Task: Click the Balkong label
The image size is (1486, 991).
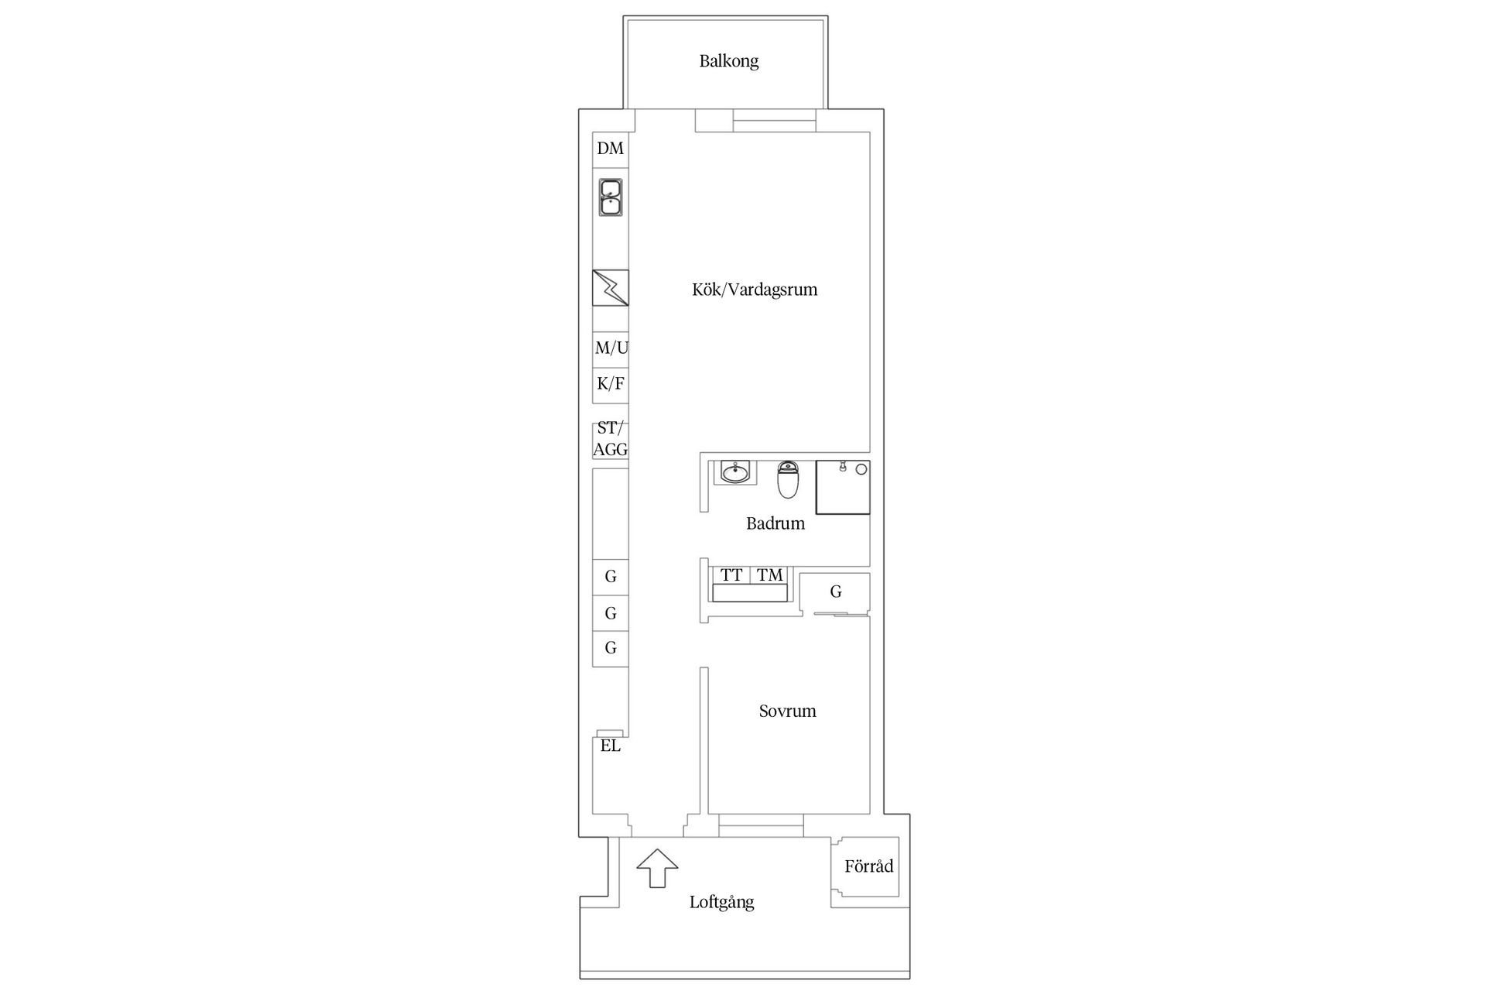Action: (728, 61)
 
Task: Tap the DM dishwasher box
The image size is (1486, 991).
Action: (611, 149)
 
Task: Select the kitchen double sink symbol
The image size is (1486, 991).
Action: (611, 197)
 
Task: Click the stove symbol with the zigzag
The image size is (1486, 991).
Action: (611, 288)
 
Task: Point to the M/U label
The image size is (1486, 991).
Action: (611, 348)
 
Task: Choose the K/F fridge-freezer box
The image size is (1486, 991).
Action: (611, 385)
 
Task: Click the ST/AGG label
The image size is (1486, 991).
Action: (611, 439)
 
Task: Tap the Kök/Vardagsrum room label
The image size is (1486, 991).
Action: (755, 290)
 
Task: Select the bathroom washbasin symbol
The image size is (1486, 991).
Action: (734, 471)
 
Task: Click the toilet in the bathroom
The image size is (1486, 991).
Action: (788, 479)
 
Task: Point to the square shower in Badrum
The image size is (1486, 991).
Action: (843, 487)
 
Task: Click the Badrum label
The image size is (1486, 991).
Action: (776, 523)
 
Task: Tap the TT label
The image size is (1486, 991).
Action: (731, 575)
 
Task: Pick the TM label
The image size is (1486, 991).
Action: (770, 575)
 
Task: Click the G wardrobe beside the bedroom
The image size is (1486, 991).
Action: (835, 593)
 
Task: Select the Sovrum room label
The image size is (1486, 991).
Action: (787, 712)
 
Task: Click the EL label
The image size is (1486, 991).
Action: (611, 746)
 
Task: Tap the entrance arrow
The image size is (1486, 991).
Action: (657, 868)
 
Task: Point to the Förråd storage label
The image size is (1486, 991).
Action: (868, 866)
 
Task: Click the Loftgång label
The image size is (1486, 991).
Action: (721, 903)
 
